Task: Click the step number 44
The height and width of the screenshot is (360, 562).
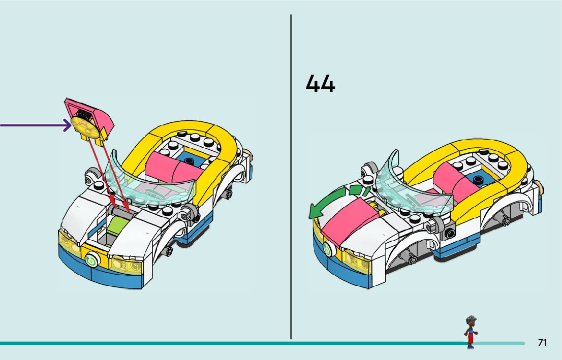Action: click(320, 84)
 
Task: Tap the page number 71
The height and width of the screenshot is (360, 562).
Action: click(542, 343)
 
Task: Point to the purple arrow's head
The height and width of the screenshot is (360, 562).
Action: click(67, 125)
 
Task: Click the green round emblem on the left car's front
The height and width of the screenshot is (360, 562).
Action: click(92, 259)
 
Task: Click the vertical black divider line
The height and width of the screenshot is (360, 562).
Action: click(291, 178)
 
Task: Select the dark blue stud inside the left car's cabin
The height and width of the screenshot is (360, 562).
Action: click(190, 162)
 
